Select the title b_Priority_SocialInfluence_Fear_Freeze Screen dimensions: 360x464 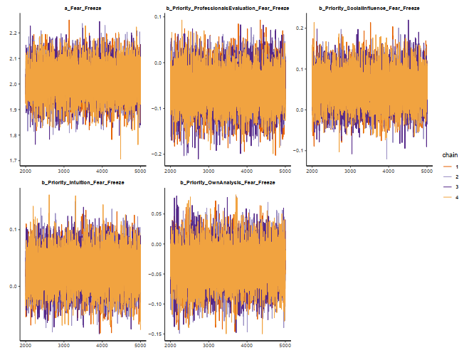tap(370, 8)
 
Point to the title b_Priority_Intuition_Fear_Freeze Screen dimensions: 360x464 tap(83, 183)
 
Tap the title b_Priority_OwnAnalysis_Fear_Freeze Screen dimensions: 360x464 tap(228, 183)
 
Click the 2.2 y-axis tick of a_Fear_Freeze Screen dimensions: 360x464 tap(14, 33)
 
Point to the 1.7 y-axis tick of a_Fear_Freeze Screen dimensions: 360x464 tap(14, 161)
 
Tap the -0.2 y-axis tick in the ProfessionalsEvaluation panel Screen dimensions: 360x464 tap(159, 154)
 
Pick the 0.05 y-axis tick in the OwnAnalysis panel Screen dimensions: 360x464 tap(158, 213)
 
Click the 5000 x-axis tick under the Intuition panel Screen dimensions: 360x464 tap(139, 346)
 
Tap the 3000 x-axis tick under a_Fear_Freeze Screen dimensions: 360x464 tap(63, 171)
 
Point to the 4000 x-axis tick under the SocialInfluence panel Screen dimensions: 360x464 tap(389, 171)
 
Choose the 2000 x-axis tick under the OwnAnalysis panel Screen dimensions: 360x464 tap(171, 346)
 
